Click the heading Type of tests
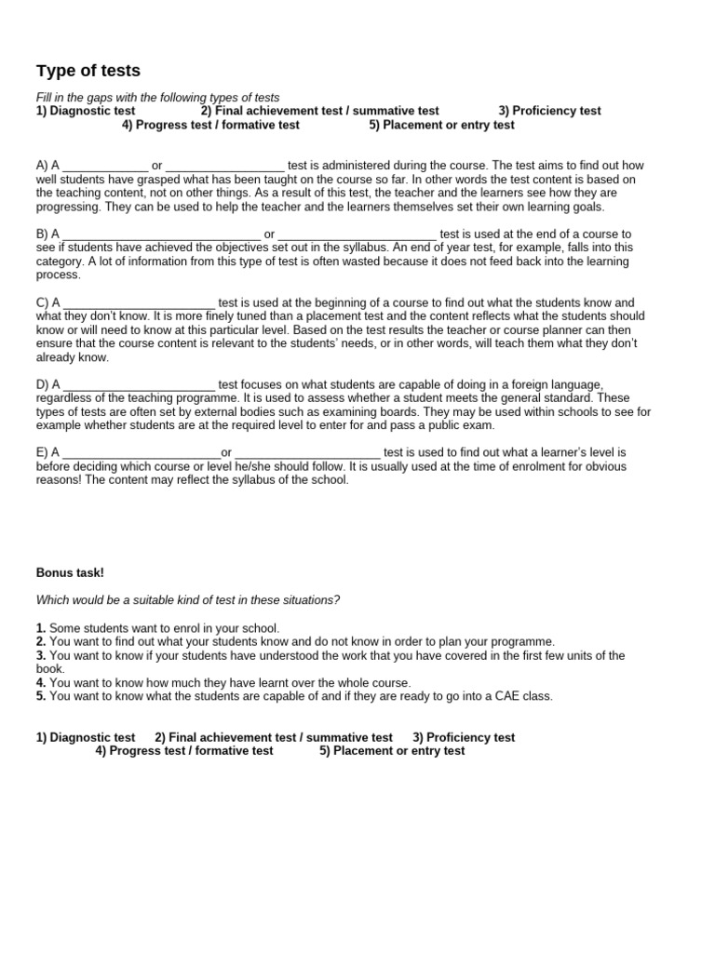(x=88, y=71)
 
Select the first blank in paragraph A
(x=105, y=167)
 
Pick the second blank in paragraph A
(x=225, y=167)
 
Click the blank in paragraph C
(x=140, y=303)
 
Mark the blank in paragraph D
(x=140, y=385)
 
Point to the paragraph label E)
(x=43, y=453)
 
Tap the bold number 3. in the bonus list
(x=41, y=655)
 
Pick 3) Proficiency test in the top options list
(x=549, y=111)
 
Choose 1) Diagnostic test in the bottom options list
(x=86, y=737)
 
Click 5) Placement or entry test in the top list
(x=441, y=125)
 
